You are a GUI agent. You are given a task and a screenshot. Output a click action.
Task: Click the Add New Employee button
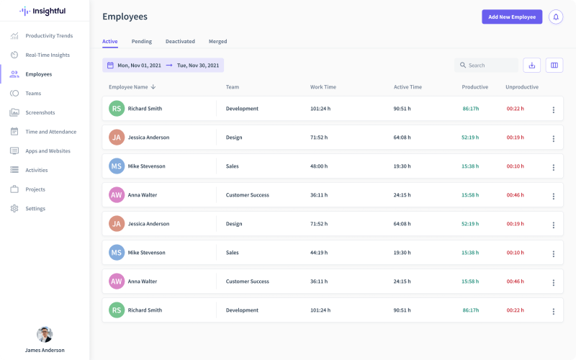point(512,17)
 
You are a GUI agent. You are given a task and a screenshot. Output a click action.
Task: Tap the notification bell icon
point(555,17)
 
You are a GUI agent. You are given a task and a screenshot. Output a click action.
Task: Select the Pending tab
point(141,42)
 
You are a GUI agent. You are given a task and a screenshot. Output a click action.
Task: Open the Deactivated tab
point(180,42)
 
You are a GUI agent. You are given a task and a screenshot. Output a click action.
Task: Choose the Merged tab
point(217,42)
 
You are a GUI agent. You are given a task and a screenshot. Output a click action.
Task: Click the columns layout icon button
point(554,66)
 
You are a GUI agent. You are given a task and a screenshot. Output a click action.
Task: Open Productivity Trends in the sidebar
point(49,36)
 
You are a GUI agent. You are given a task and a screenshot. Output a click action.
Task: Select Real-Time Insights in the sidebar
point(48,55)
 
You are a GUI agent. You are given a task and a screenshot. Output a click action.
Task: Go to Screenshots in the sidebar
point(40,112)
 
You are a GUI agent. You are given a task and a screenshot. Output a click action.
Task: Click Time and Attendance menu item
point(50,132)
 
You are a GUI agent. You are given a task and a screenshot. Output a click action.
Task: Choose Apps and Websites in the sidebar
point(48,151)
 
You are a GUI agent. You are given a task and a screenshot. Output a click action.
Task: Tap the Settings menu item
point(35,209)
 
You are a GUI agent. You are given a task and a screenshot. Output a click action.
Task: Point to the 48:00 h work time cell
point(319,166)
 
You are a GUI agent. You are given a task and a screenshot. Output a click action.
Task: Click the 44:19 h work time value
point(319,253)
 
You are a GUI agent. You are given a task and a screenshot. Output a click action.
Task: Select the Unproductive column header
point(521,87)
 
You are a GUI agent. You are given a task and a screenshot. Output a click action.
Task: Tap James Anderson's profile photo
point(45,334)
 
